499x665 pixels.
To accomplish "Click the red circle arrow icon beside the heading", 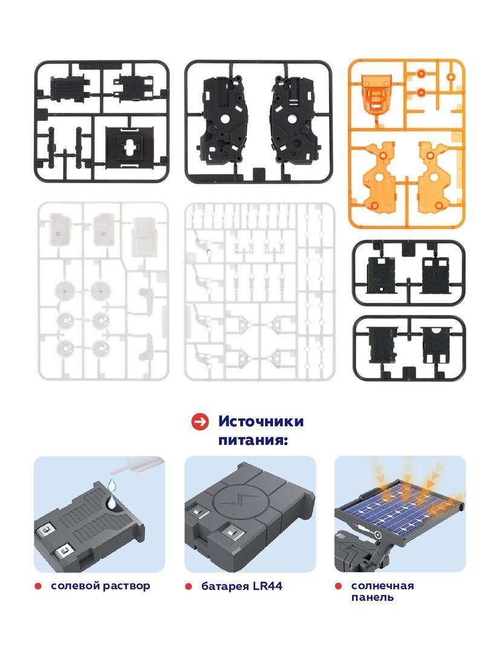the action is [x=200, y=422].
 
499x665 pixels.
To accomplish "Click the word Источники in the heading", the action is [x=261, y=421].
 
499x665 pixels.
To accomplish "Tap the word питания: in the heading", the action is [x=253, y=440].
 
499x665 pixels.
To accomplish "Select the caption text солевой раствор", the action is [x=100, y=586].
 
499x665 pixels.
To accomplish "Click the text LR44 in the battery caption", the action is [x=267, y=586].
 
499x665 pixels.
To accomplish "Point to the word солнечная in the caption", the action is [x=382, y=586].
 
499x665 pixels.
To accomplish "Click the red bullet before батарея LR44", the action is [x=188, y=586].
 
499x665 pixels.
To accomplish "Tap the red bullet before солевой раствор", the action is [x=38, y=586].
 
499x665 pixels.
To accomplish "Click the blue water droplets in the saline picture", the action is [x=111, y=493].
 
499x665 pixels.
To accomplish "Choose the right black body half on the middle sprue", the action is [x=293, y=120].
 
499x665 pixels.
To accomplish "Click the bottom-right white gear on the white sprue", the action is [x=101, y=349].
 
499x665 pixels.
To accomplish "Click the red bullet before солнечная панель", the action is [x=338, y=586].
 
